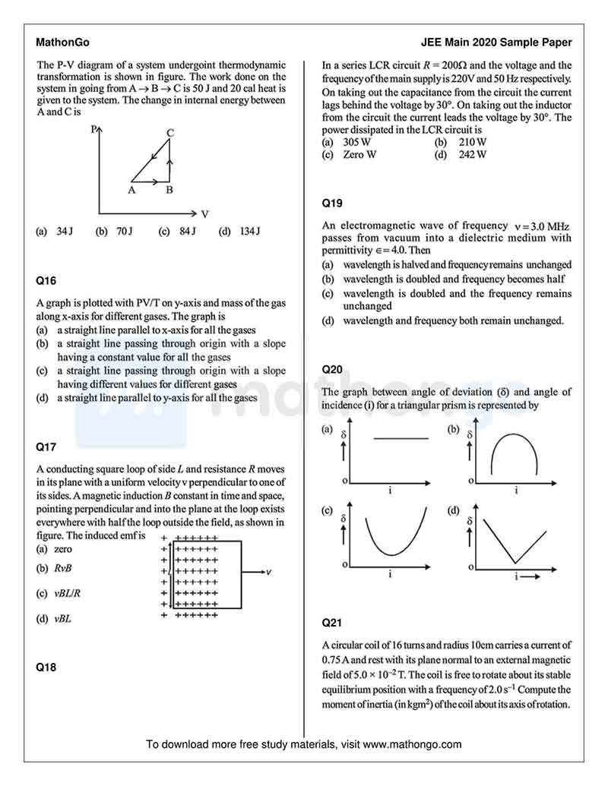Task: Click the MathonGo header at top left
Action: (x=57, y=43)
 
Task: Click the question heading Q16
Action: (x=46, y=280)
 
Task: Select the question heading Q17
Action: (x=46, y=447)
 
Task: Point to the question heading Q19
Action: (x=332, y=203)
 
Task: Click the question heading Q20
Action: (x=332, y=370)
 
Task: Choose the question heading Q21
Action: (x=332, y=623)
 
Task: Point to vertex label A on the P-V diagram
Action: (x=131, y=191)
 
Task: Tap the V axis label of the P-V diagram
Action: (x=204, y=214)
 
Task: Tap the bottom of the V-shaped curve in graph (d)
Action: (x=515, y=563)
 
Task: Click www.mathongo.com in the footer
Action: (x=412, y=744)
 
